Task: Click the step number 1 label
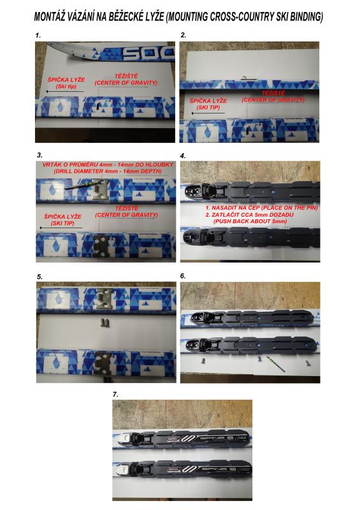point(38,36)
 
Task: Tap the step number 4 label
point(183,156)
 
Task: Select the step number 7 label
point(115,395)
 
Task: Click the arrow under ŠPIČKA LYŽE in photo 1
point(65,91)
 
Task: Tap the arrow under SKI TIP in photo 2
point(208,113)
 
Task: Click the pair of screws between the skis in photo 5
point(104,323)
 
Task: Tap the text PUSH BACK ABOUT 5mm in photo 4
point(250,221)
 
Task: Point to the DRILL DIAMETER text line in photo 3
point(107,171)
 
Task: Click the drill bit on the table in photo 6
point(276,364)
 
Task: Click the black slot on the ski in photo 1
point(98,106)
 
